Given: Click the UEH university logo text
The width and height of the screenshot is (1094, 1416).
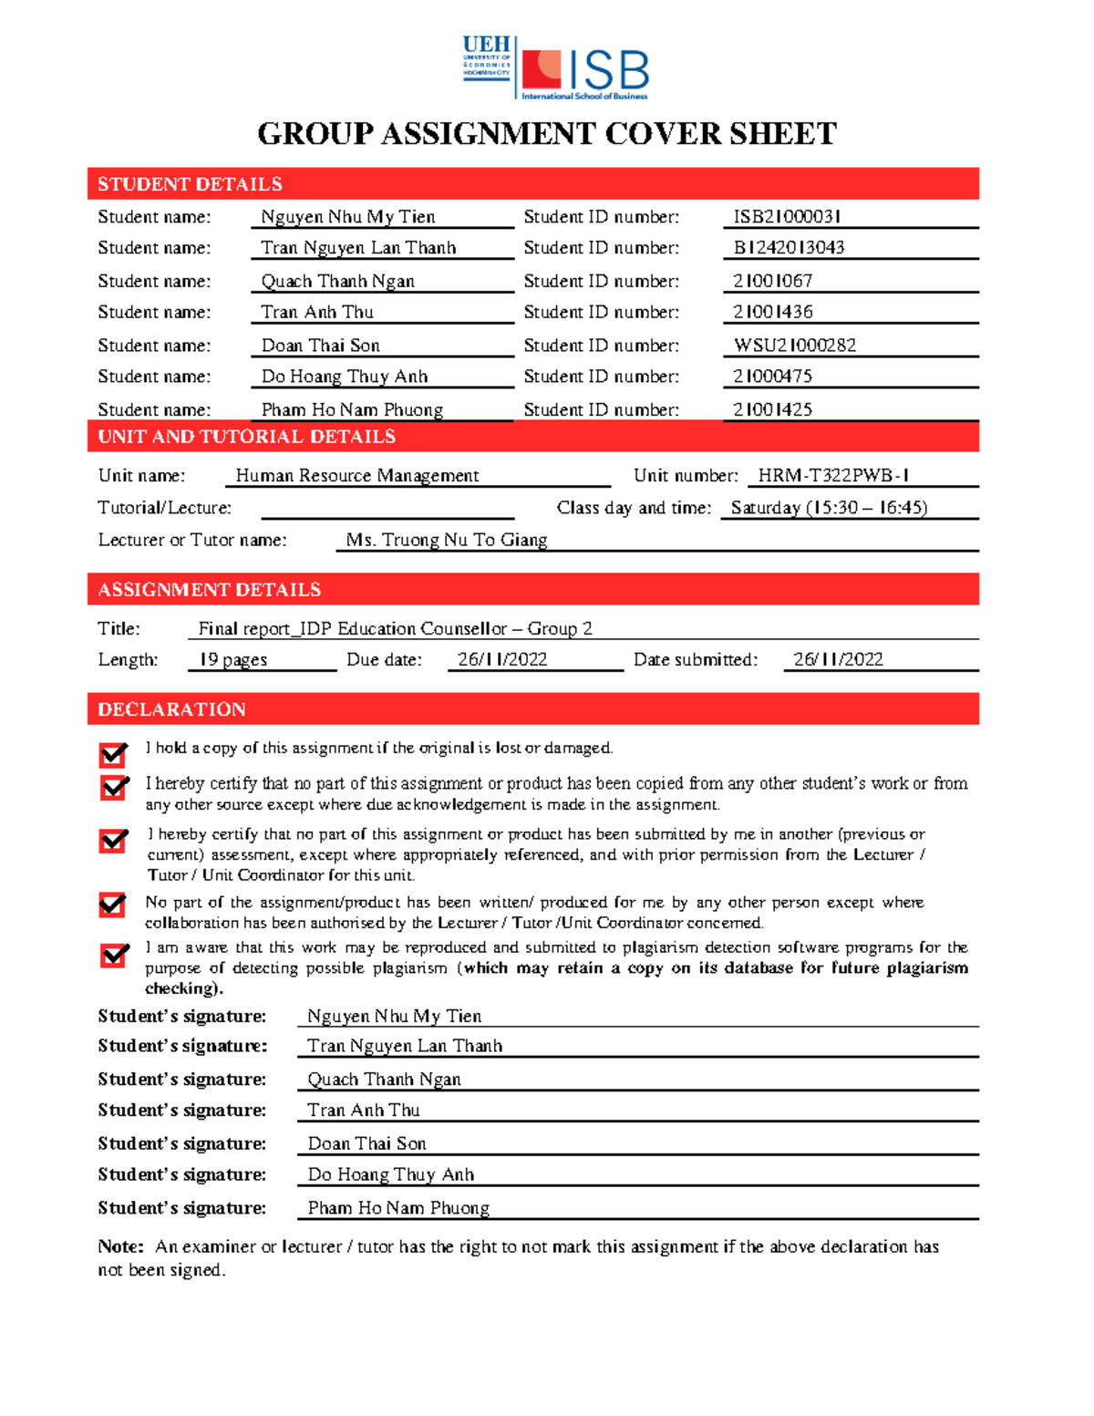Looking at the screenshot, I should click(487, 46).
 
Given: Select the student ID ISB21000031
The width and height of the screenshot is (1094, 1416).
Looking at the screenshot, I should click(787, 217).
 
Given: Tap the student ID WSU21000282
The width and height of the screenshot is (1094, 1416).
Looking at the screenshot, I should click(795, 346).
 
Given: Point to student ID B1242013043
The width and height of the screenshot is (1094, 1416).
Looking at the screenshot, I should click(789, 248).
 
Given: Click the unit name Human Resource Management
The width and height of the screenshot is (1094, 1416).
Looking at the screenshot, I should click(356, 476).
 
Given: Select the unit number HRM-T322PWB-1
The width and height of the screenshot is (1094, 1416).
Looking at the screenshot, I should click(833, 476).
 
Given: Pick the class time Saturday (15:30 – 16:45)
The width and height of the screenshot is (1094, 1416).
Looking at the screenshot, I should click(829, 508).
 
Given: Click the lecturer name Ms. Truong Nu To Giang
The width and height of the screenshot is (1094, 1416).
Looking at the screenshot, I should click(447, 540).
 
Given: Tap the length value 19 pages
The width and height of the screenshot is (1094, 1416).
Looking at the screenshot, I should click(233, 659).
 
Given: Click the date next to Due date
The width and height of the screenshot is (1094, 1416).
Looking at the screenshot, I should click(502, 659).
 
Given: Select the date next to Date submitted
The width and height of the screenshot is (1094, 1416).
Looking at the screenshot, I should click(838, 659).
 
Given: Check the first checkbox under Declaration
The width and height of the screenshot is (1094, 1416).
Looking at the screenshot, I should click(114, 754).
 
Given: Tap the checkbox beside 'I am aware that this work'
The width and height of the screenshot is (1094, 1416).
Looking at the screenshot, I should click(114, 955).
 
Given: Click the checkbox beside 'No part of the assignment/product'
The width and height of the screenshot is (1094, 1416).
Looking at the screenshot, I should click(113, 904).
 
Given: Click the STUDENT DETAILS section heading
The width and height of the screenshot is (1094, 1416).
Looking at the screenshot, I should click(190, 184).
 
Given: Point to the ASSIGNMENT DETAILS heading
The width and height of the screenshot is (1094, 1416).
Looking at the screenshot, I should click(209, 590).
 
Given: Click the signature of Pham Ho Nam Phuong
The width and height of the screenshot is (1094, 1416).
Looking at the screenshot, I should click(398, 1208).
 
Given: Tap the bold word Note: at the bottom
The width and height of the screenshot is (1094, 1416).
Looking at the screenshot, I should click(120, 1246).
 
